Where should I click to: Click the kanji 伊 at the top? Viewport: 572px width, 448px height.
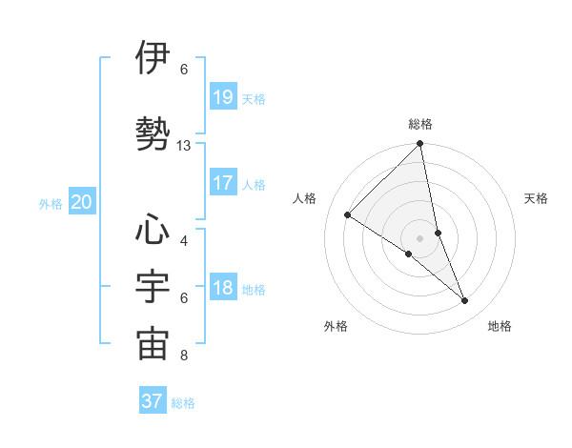pos(153,58)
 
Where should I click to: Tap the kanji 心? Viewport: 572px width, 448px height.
pos(153,232)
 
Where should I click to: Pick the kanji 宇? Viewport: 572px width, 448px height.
pos(153,288)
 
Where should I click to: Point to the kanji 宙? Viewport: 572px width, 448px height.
pos(153,345)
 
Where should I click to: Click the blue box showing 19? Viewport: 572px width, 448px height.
pos(222,97)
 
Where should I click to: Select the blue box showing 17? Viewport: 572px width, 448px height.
pos(222,184)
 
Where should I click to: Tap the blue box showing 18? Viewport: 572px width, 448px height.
pos(222,289)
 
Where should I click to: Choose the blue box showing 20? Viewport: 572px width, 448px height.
pos(82,202)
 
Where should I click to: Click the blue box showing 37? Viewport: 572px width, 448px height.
pos(153,401)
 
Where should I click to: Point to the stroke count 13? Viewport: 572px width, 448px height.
pos(184,146)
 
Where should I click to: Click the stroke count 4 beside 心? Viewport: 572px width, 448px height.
pos(184,240)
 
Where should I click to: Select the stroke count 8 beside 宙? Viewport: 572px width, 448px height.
pos(184,356)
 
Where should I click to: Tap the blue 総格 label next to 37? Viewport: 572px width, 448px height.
pos(183,403)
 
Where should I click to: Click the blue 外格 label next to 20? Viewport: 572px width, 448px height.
pos(51,203)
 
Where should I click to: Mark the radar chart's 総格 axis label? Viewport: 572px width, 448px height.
pos(420,124)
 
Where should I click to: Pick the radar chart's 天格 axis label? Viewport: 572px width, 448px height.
pos(537,198)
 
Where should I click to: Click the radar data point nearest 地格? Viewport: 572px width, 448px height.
pos(465,301)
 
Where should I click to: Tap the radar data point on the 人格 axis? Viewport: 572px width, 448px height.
pos(348,215)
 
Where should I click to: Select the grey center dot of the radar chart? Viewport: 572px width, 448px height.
pos(420,237)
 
